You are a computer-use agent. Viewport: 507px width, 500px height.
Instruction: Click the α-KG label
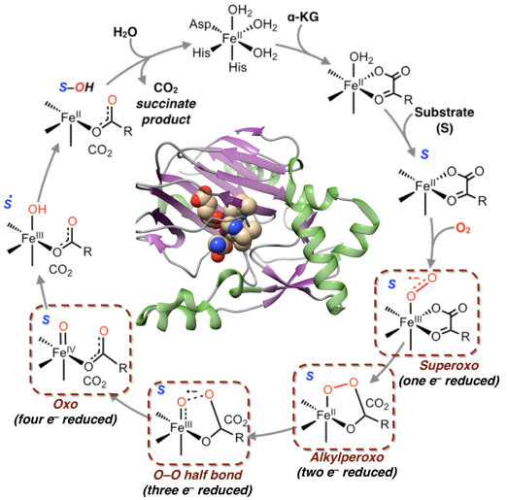pos(303,17)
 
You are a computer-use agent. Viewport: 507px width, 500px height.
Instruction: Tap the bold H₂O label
pos(125,32)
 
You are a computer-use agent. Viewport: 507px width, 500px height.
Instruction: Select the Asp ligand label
pos(200,24)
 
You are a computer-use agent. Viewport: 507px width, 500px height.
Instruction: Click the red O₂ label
pos(463,228)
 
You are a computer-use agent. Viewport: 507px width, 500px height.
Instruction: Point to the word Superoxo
pos(449,365)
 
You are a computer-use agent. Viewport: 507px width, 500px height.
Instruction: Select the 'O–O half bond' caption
pos(197,475)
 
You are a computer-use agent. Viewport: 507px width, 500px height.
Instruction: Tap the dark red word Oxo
pos(66,404)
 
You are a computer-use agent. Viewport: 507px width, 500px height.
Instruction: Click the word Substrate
pos(445,113)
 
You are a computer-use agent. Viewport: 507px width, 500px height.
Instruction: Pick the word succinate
pos(166,104)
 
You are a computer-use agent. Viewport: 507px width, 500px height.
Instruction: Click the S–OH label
pos(77,87)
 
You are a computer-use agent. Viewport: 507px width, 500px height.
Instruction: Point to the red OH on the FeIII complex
pos(37,210)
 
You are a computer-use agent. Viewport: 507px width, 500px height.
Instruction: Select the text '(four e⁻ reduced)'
pos(65,419)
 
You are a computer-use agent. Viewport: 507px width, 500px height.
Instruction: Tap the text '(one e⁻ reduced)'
pos(449,381)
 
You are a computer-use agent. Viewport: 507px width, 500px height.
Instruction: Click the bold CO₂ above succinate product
pos(166,87)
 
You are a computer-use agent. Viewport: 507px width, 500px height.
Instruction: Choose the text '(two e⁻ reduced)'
pos(347,473)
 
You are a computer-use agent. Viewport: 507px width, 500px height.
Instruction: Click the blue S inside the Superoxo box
pos(392,283)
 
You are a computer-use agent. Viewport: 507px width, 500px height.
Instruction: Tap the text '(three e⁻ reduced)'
pos(197,490)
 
